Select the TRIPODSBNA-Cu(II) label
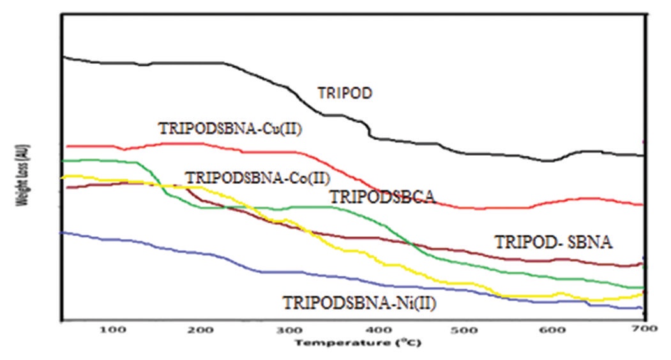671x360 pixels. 230,129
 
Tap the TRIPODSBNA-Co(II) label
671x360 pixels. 257,177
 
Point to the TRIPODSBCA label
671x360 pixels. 382,197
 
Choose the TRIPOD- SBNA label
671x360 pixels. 553,243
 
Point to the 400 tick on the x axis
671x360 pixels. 375,331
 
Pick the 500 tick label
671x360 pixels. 464,331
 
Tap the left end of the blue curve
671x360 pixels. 61,233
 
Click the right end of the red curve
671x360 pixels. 642,205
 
